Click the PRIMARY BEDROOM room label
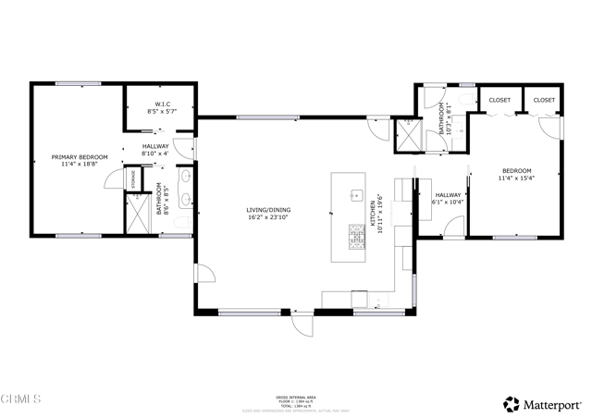tap(80, 157)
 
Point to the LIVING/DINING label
tap(266, 210)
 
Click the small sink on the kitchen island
tap(355, 195)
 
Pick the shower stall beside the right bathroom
tap(404, 135)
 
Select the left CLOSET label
tap(499, 99)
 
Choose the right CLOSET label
tap(544, 99)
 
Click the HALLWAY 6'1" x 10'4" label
tap(448, 199)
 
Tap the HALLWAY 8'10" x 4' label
tap(154, 151)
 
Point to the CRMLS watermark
tap(21, 400)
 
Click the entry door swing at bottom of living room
tap(301, 326)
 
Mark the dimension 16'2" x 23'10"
tap(266, 217)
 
